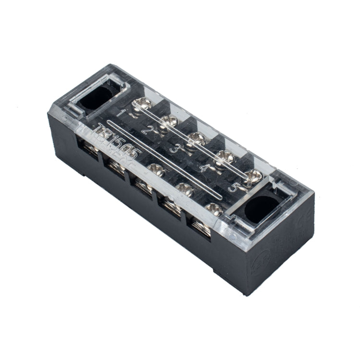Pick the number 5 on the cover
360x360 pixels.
(234, 188)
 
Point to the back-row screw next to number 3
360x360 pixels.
(195, 138)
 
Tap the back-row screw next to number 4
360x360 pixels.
(222, 156)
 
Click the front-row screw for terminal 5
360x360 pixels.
(215, 208)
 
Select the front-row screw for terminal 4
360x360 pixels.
(185, 189)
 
